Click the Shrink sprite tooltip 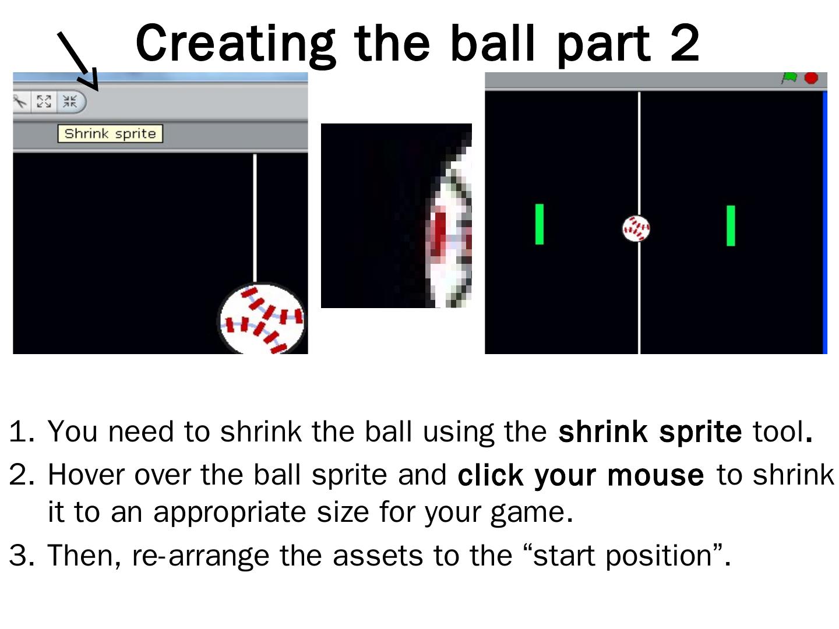coord(110,134)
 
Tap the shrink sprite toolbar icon coord(70,101)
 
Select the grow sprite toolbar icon coord(44,101)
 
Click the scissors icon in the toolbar coord(20,101)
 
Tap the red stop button coord(811,78)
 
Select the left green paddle coord(540,224)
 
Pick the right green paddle coord(731,226)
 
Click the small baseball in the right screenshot coord(636,229)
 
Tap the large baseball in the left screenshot coord(262,319)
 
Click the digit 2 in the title coord(685,43)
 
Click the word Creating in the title coord(235,44)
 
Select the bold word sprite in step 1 coord(700,432)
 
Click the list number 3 coord(22,555)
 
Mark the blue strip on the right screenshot coord(825,222)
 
